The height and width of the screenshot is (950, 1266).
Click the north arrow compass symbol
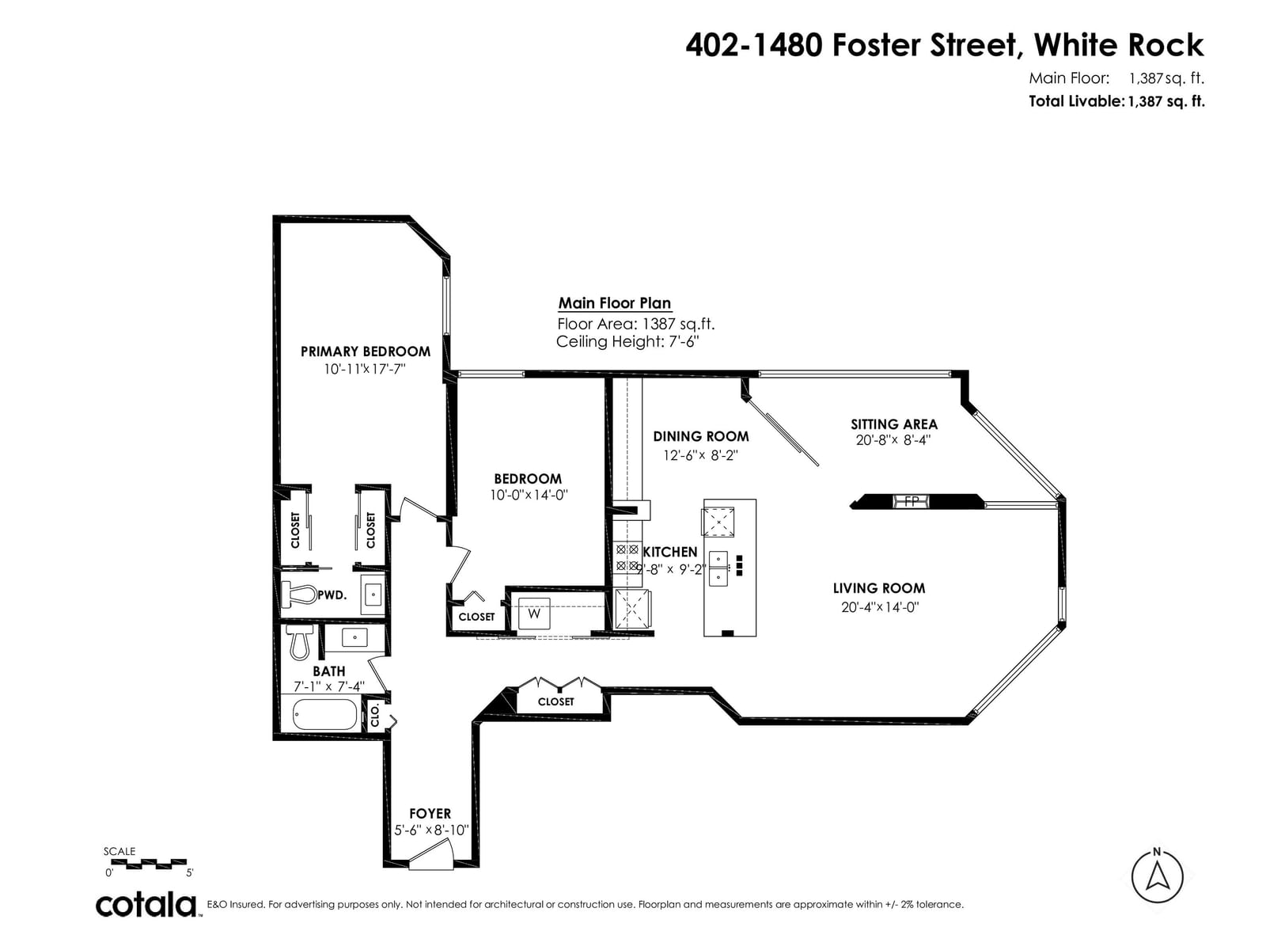pyautogui.click(x=1157, y=876)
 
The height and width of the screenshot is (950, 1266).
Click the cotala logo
pyautogui.click(x=146, y=905)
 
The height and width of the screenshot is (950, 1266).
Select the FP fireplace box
pyautogui.click(x=911, y=501)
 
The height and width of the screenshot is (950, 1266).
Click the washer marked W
pyautogui.click(x=534, y=614)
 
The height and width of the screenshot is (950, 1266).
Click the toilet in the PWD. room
pyautogui.click(x=299, y=594)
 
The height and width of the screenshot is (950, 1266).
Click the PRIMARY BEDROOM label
pyautogui.click(x=366, y=351)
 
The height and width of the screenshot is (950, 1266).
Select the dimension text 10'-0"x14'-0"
pyautogui.click(x=529, y=495)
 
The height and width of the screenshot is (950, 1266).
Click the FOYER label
pyautogui.click(x=430, y=813)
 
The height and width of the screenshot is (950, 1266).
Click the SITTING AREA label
pyautogui.click(x=894, y=424)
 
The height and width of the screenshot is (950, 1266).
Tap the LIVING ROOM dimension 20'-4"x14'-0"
pyautogui.click(x=880, y=606)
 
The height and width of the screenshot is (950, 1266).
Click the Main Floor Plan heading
pyautogui.click(x=614, y=303)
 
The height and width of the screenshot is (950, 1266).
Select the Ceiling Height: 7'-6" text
pyautogui.click(x=627, y=341)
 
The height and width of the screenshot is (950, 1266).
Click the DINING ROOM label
pyautogui.click(x=701, y=437)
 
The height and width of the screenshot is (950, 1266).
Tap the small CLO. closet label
pyautogui.click(x=375, y=715)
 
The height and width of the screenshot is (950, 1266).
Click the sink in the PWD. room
pyautogui.click(x=373, y=594)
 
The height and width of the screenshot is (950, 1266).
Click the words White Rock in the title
pyautogui.click(x=1118, y=45)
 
